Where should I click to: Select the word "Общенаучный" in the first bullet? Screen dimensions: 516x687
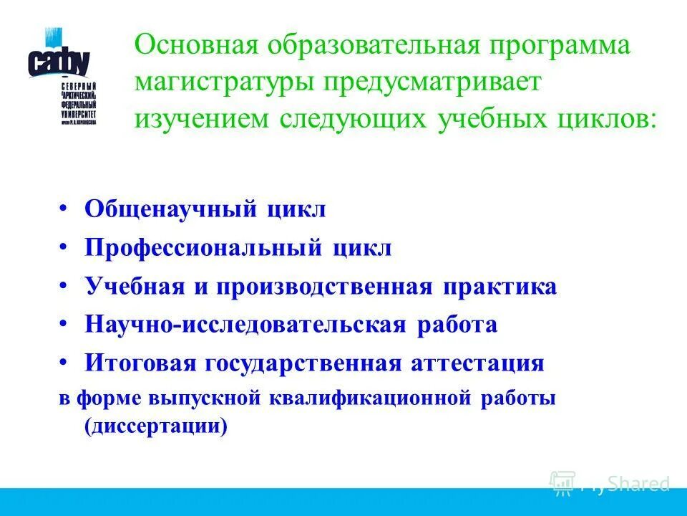[x=171, y=210]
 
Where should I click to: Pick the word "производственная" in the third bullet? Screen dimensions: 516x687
[x=325, y=287]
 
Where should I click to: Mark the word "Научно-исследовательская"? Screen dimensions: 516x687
[x=246, y=325]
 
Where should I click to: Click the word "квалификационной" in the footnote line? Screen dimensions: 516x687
[x=370, y=398]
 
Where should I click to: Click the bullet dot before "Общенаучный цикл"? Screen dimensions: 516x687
[x=64, y=209]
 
